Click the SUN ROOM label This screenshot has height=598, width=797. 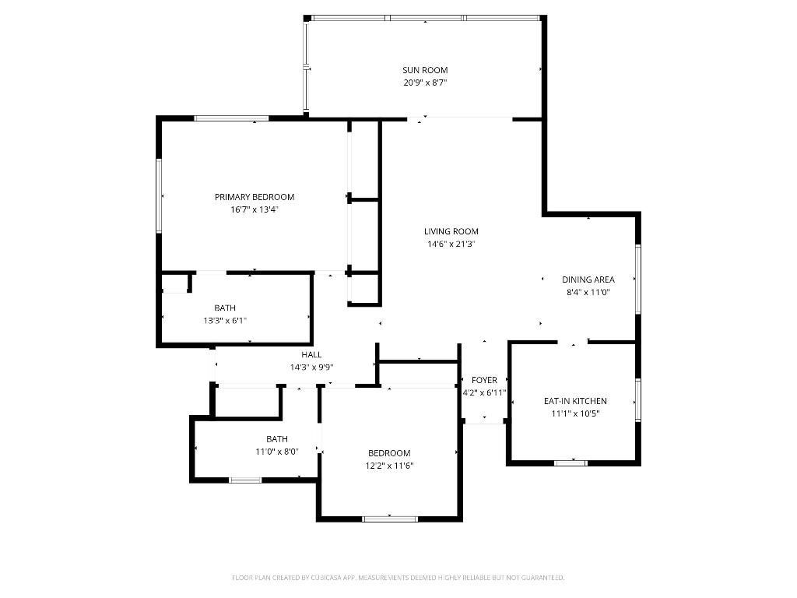pos(425,70)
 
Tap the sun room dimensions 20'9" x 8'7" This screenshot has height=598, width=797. pos(425,83)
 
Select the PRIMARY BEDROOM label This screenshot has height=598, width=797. pos(255,197)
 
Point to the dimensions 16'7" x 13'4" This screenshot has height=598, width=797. pos(255,209)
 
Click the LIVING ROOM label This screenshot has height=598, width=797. pos(451,231)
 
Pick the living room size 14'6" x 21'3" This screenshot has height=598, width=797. pos(451,244)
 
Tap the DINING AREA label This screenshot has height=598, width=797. pos(588,280)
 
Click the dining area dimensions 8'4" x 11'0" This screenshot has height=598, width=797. pos(588,293)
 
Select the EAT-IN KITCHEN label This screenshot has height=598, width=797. pos(575,401)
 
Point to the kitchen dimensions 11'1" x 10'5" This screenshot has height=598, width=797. pos(575,413)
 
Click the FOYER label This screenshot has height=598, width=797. pos(484,380)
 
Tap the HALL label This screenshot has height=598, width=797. pos(311,354)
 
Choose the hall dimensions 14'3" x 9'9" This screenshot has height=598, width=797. pos(311,367)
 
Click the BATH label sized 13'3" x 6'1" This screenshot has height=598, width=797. pos(225,308)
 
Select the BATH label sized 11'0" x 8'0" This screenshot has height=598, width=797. pos(277,438)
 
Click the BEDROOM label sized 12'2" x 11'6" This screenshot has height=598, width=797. pos(389,453)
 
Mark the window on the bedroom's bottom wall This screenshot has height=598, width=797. pos(390,519)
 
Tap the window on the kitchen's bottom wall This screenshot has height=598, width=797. pos(571,463)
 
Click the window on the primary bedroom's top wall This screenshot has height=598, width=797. pos(231,118)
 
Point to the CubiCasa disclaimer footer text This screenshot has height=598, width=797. pos(398,578)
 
